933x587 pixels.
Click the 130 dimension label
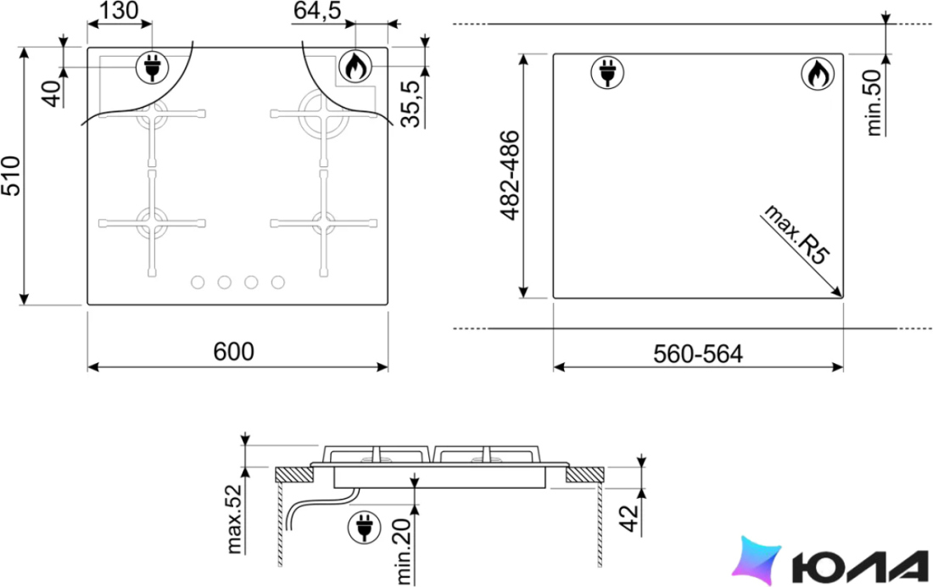pos(119,11)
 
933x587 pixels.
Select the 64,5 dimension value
pos(317,11)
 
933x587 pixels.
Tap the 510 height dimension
pos(11,176)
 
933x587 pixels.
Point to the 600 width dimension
pos(234,352)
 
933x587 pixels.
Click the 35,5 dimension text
pos(411,103)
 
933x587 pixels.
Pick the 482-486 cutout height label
pos(510,176)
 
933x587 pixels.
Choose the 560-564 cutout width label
pos(698,355)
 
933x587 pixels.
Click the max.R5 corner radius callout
pos(795,235)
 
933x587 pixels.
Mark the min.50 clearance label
pos(874,103)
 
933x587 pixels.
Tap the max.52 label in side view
pos(235,519)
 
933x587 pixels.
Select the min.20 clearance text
pos(404,551)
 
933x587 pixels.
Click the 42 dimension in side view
pos(629,518)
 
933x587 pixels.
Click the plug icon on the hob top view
pos(153,67)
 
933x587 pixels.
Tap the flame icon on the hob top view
pos(355,66)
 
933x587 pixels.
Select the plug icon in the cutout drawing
pos(607,73)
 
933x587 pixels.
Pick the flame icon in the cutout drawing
pos(818,73)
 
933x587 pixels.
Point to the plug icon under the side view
pos(364,526)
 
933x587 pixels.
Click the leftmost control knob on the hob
pos(198,282)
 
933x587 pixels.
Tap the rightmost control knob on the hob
pos(278,282)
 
